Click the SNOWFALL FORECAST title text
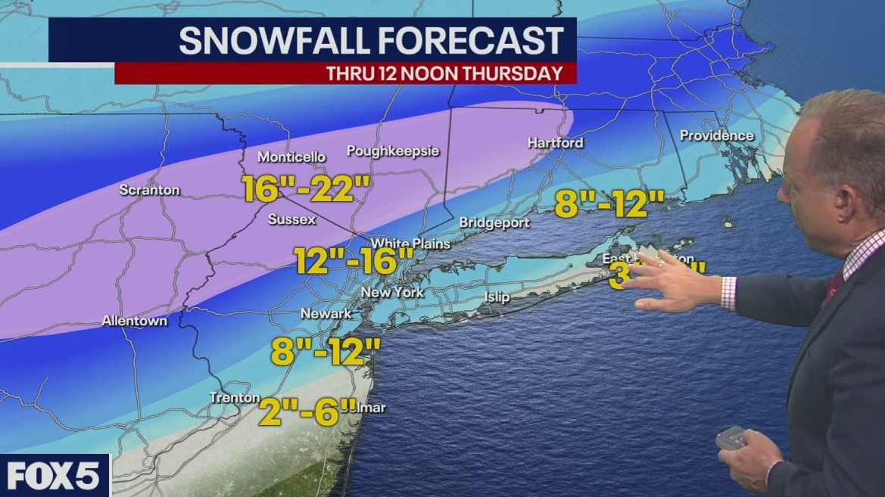pyautogui.click(x=371, y=40)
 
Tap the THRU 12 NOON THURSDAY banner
pyautogui.click(x=444, y=73)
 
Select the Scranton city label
pyautogui.click(x=149, y=191)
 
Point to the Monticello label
pyautogui.click(x=291, y=157)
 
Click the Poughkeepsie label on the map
pyautogui.click(x=393, y=151)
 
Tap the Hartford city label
pyautogui.click(x=555, y=143)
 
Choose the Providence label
pyautogui.click(x=716, y=136)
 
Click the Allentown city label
pyautogui.click(x=134, y=321)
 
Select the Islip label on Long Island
pyautogui.click(x=497, y=297)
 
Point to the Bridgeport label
pyautogui.click(x=491, y=223)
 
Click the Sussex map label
pyautogui.click(x=291, y=220)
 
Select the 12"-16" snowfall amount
pyautogui.click(x=354, y=262)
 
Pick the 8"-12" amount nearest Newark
pyautogui.click(x=326, y=351)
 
